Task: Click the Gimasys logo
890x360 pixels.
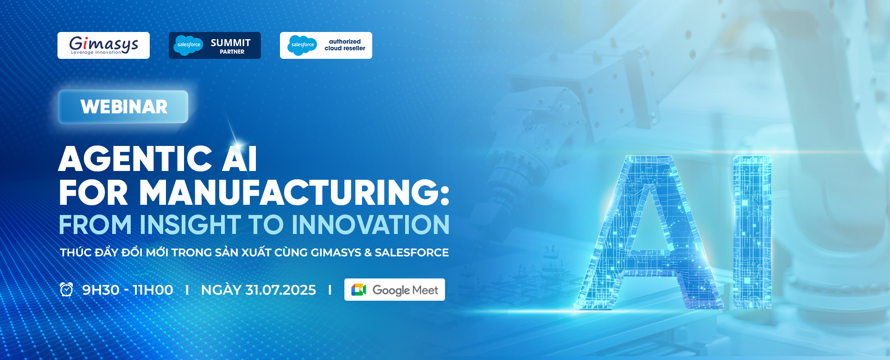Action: click(x=103, y=45)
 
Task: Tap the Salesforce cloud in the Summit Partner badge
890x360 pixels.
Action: click(x=188, y=45)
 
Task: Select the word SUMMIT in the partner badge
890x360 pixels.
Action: click(x=231, y=43)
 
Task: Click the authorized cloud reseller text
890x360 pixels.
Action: click(x=345, y=45)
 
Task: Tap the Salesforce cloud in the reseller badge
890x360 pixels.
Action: click(x=302, y=45)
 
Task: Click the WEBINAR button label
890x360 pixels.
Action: click(x=124, y=107)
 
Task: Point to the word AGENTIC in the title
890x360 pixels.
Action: click(x=135, y=159)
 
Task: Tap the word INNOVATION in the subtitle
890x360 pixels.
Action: click(x=370, y=225)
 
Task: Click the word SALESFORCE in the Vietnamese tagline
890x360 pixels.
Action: click(x=412, y=253)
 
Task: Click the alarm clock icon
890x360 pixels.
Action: click(x=66, y=290)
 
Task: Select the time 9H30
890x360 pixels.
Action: click(x=101, y=290)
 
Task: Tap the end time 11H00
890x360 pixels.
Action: click(x=153, y=290)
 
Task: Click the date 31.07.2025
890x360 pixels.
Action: click(x=280, y=290)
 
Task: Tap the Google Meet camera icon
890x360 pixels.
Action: click(x=359, y=290)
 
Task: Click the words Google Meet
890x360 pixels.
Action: click(x=405, y=290)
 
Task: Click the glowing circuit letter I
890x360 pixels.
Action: click(x=752, y=232)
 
